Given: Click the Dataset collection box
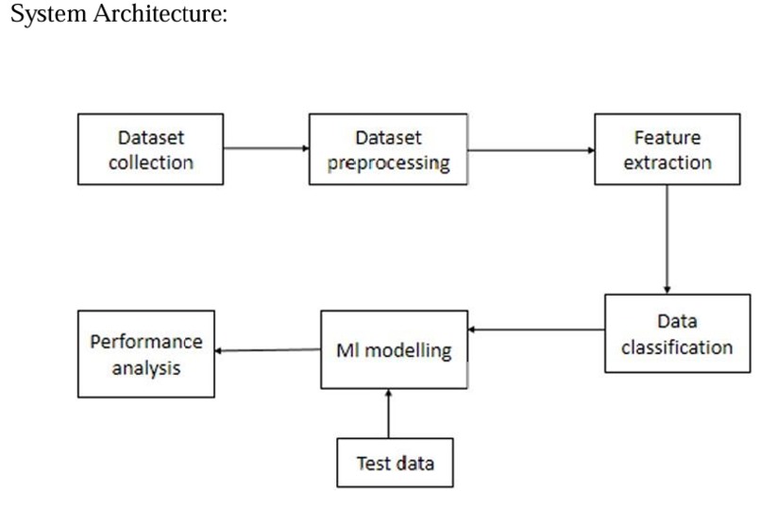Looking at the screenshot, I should click(x=150, y=149).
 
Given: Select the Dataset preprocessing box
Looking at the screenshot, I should click(x=387, y=149).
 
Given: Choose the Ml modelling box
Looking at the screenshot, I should click(x=395, y=349).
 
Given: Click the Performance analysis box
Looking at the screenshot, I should click(x=146, y=352).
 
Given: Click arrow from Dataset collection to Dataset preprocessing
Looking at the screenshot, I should click(x=266, y=148).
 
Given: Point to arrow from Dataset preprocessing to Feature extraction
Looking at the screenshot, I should click(x=530, y=149).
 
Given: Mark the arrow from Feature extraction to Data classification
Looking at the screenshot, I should click(x=668, y=239).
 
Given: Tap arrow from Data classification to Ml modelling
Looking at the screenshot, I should click(x=536, y=330).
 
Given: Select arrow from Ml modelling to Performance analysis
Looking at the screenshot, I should click(x=267, y=351).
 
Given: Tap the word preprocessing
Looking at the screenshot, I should click(x=388, y=161).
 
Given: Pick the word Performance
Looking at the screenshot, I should click(x=146, y=341).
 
